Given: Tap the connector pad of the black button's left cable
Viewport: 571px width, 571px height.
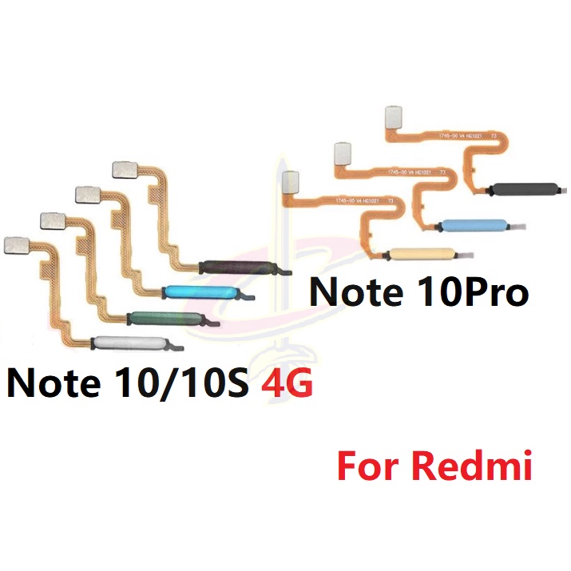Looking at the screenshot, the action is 124,169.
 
